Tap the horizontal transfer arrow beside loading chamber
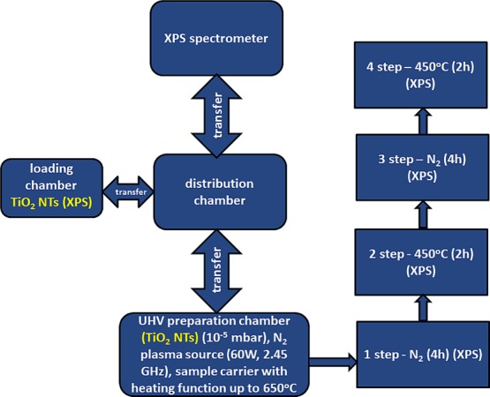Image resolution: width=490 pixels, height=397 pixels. pos(126,192)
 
